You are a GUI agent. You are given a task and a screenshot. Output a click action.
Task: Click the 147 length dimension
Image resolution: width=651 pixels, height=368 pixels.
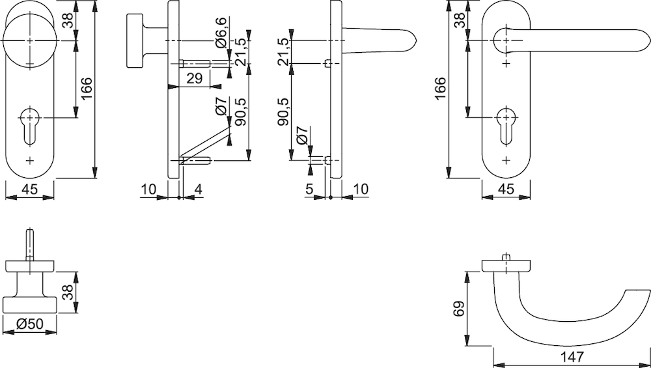coord(572,356)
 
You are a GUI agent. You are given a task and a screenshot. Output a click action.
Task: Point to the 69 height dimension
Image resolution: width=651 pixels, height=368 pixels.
coord(458,309)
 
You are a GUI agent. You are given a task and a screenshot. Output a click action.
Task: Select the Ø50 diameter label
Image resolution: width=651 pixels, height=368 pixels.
coord(29,323)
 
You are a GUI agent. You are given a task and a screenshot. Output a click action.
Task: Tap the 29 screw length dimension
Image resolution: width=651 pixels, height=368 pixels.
coord(194,78)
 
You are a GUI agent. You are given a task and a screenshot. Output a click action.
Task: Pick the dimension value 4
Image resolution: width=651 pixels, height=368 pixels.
coord(198,190)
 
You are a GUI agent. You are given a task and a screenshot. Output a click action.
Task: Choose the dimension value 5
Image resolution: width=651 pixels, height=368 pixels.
coord(310,190)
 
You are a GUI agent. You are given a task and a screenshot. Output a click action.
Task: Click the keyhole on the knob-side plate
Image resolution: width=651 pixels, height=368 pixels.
coord(29,126)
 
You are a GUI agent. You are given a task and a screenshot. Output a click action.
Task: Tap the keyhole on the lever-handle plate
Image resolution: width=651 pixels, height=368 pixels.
coord(506,126)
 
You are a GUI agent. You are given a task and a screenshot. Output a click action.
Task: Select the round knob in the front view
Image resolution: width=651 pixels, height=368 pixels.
coord(29,40)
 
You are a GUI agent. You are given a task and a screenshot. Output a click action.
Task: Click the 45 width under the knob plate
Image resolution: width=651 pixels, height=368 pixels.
coord(29,190)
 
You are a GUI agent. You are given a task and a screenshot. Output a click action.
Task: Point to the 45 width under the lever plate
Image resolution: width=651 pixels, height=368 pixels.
coord(506,190)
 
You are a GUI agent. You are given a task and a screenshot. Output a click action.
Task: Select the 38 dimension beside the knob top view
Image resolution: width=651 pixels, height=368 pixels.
coord(68,292)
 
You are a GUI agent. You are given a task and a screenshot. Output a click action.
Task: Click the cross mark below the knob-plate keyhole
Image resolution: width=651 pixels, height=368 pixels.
coord(29,160)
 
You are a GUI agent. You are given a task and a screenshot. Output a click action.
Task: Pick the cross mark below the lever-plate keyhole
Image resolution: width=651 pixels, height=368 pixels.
coord(506,160)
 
